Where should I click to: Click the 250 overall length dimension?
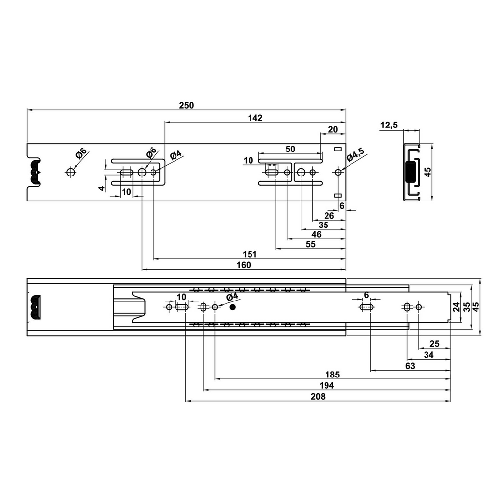tap(186, 105)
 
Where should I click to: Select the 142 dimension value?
tap(255, 118)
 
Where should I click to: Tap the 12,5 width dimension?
tap(389, 125)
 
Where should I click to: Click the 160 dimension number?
tap(244, 265)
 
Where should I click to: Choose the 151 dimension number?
tap(250, 254)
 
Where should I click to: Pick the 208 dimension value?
tap(318, 396)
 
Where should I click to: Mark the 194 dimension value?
tap(326, 385)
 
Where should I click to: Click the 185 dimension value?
tap(332, 375)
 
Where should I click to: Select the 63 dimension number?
tap(410, 366)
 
